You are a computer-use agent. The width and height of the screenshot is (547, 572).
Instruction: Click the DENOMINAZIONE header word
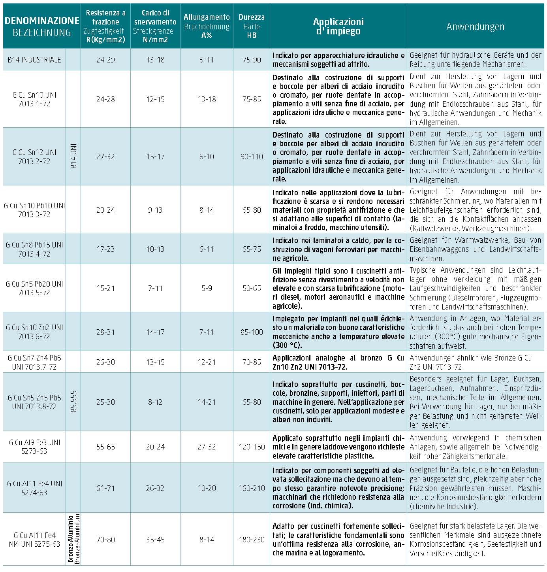pos(41,21)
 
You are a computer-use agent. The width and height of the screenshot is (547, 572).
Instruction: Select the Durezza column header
pos(252,17)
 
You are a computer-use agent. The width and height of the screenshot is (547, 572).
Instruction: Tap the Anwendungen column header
pos(475,27)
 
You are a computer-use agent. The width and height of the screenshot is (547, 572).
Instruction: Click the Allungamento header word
pos(207,17)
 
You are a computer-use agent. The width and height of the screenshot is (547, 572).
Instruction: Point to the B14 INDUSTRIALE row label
pos(34,60)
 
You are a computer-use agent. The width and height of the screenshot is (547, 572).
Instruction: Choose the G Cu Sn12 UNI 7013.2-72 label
pos(34,157)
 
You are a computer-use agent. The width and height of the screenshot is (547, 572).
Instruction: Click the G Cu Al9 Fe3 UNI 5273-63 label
pos(34,447)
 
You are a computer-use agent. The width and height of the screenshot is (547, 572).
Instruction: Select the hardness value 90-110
pos(252,157)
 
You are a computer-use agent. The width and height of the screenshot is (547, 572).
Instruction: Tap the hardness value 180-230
pos(252,540)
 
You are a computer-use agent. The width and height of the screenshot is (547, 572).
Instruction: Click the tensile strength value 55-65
pos(105,447)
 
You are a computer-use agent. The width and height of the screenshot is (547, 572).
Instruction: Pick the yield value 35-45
pos(155,540)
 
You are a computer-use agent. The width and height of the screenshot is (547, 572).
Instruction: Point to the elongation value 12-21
pos(207,362)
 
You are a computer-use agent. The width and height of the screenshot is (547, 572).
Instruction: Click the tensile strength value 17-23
pos(105,249)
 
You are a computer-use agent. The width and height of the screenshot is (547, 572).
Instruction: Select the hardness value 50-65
pos(252,288)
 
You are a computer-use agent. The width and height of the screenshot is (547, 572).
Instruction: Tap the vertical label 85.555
pos(73,402)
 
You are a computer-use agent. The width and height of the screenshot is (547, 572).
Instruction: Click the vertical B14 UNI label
pos(73,157)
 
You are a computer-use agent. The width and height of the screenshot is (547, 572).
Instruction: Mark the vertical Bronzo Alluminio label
pos(70,539)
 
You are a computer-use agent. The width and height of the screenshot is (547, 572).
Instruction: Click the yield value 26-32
pos(155,488)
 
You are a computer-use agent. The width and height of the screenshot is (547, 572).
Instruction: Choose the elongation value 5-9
pos(207,288)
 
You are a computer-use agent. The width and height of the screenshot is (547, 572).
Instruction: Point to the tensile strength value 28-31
pos(105,332)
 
